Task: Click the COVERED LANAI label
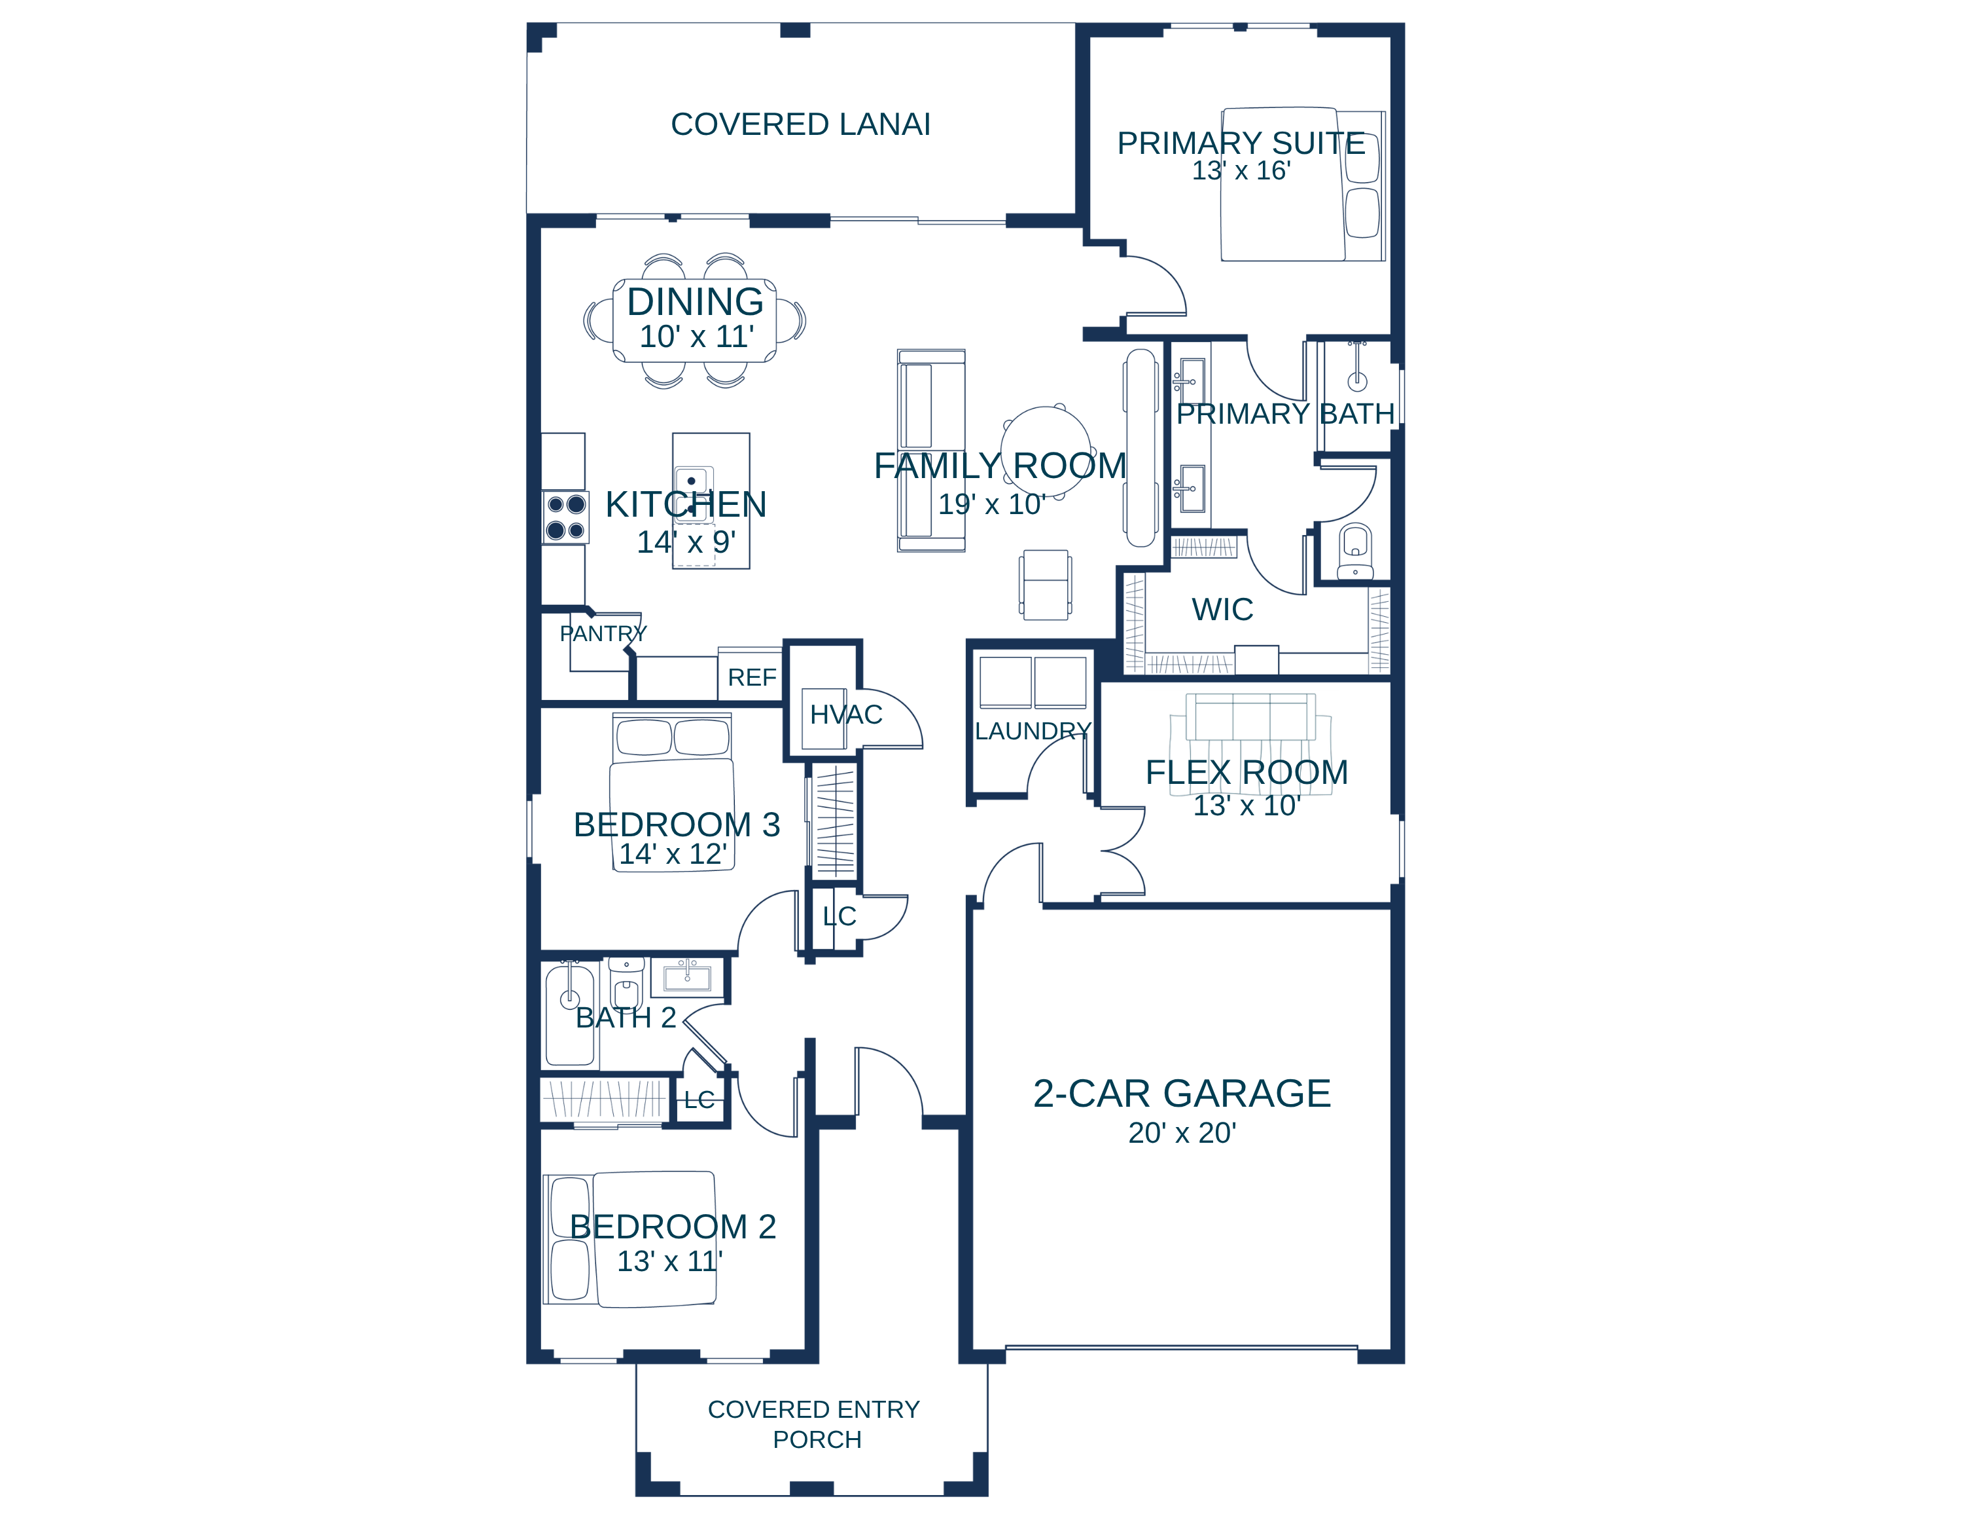[x=800, y=124]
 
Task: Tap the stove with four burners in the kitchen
[x=565, y=517]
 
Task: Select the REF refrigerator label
[x=751, y=677]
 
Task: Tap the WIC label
[x=1222, y=609]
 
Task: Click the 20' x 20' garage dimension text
[x=1182, y=1133]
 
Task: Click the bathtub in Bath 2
[x=570, y=1015]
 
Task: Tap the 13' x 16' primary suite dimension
[x=1241, y=170]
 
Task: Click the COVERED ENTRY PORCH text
[x=815, y=1424]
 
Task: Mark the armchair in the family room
[x=1046, y=585]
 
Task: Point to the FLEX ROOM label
[x=1247, y=773]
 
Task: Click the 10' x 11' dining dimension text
[x=697, y=337]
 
